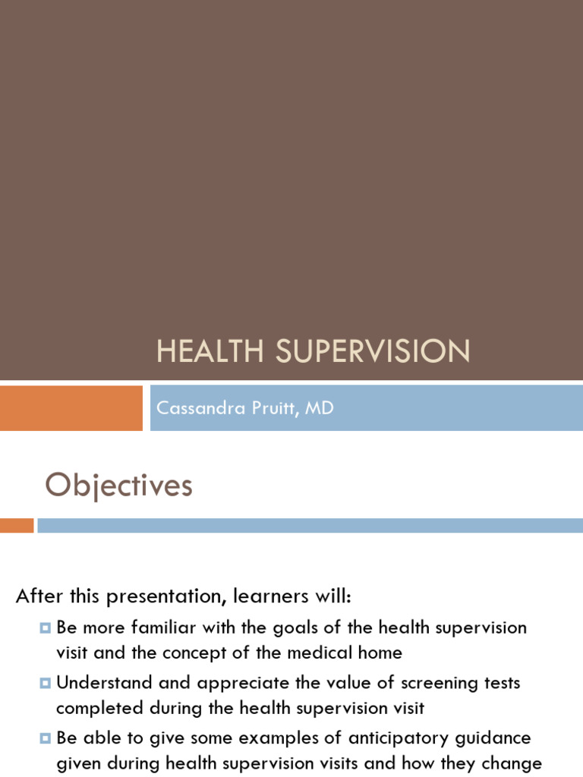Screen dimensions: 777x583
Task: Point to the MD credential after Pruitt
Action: (320, 408)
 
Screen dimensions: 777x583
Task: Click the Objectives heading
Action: (118, 486)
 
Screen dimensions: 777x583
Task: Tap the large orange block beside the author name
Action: (71, 407)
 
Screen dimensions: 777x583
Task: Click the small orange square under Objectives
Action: (17, 525)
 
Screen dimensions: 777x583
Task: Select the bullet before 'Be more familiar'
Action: (46, 628)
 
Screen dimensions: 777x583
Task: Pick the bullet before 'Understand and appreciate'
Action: (46, 683)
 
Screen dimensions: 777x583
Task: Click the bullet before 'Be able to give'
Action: (46, 738)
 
